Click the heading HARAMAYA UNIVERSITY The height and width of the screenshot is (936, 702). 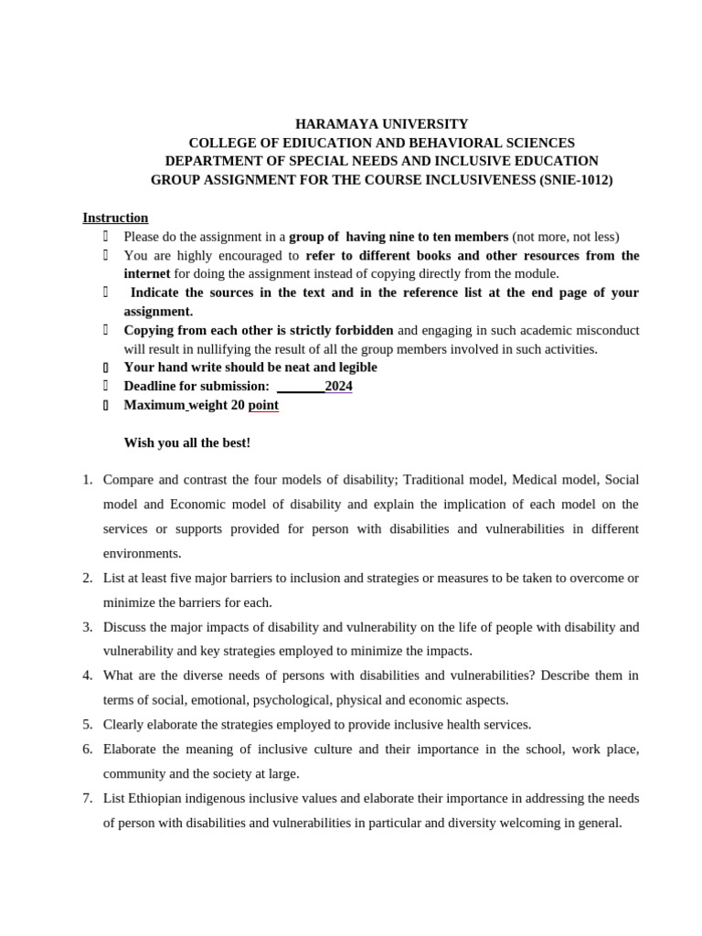click(x=381, y=123)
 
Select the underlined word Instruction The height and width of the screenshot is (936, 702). click(x=115, y=218)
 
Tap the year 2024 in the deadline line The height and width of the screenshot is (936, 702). click(x=338, y=386)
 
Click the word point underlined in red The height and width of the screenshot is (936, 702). click(x=263, y=405)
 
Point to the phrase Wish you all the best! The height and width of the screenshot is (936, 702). click(x=186, y=442)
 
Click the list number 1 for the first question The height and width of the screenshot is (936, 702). click(x=88, y=480)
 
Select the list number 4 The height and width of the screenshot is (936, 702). click(x=88, y=675)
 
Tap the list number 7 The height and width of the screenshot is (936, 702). click(x=88, y=798)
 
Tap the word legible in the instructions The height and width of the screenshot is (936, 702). click(x=355, y=367)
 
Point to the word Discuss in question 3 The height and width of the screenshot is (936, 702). click(x=125, y=627)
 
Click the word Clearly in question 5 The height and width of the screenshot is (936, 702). click(x=124, y=725)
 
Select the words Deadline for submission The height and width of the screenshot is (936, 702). click(x=197, y=386)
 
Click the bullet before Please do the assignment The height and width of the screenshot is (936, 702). click(x=106, y=237)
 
